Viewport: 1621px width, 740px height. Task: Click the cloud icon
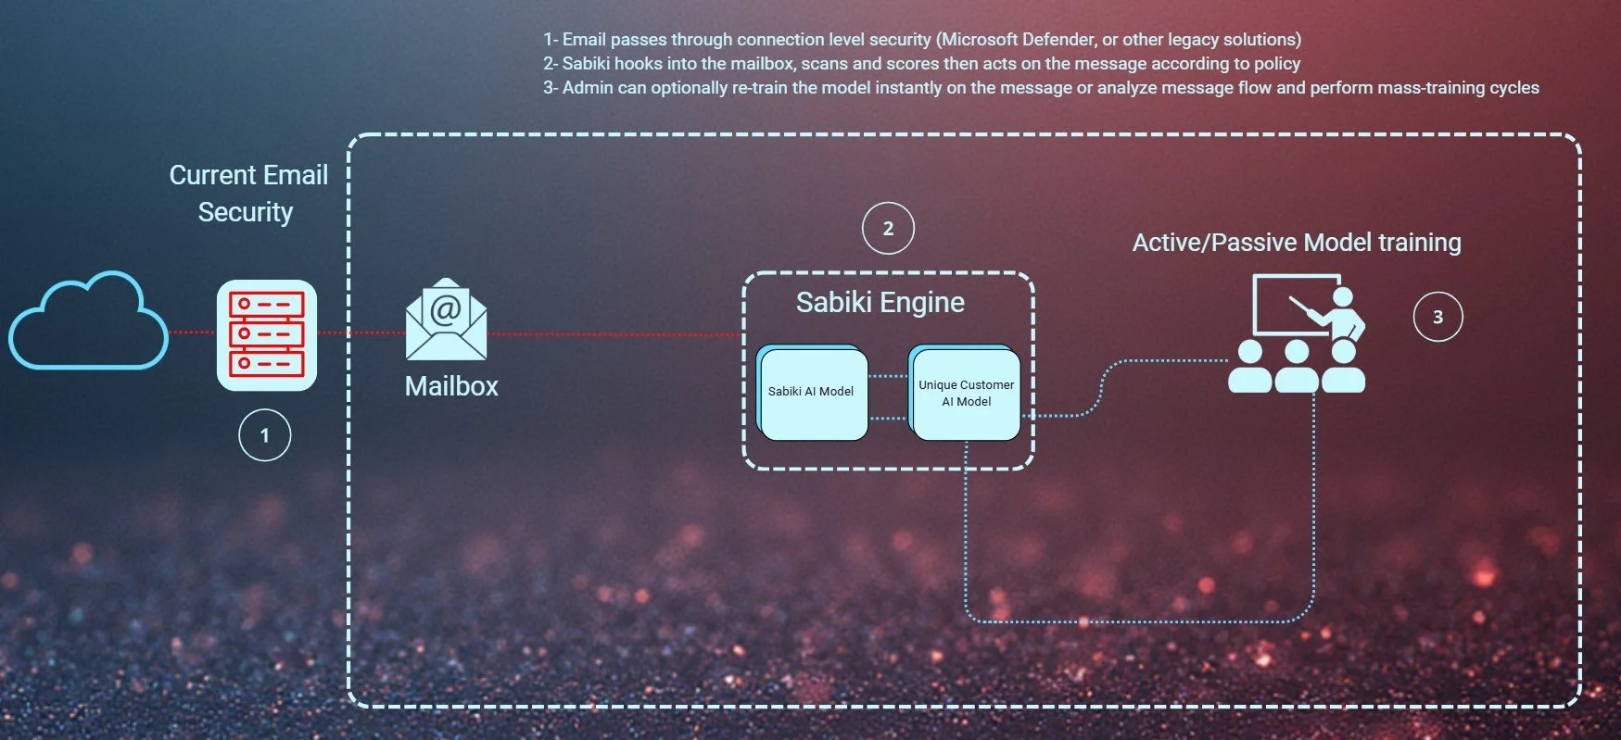pos(88,322)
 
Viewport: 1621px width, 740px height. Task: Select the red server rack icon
pos(266,334)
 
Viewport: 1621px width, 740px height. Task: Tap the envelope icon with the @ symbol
pos(446,319)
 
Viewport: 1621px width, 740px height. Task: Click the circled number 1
pos(265,435)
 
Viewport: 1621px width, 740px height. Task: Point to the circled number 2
pos(888,229)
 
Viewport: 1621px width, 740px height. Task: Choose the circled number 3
pos(1437,317)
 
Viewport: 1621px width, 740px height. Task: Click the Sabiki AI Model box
pos(812,392)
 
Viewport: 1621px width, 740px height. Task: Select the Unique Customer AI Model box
pos(966,393)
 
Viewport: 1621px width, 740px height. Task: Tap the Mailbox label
pos(451,386)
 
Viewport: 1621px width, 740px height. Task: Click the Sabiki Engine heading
pos(880,303)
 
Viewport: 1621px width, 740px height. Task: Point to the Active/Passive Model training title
pos(1296,243)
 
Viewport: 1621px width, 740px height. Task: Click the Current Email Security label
pos(247,194)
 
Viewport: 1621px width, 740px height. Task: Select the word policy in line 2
pos(1276,64)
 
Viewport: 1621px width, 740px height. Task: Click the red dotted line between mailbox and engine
pos(612,334)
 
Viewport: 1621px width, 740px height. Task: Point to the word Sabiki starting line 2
pos(586,64)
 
